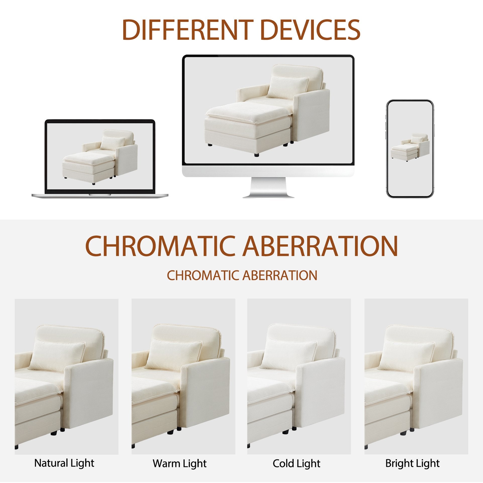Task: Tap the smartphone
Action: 410,149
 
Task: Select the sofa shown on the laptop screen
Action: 100,157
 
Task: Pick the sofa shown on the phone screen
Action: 410,146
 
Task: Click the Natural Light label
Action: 64,463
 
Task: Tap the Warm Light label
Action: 180,463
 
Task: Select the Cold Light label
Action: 297,463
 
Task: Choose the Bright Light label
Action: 413,463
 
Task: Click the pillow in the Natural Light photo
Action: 57,355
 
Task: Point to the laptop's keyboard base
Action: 100,195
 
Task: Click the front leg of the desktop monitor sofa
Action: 256,154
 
